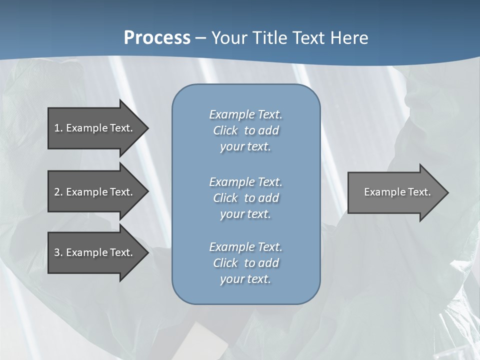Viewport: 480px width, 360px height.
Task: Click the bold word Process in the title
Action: tap(157, 38)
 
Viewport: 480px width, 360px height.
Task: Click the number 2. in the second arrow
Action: tap(58, 192)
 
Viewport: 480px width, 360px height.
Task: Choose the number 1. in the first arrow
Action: tap(58, 128)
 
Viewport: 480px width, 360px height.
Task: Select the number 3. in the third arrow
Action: tap(58, 252)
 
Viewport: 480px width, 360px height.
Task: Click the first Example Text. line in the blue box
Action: tap(245, 114)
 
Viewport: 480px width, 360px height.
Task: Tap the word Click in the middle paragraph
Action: tap(225, 198)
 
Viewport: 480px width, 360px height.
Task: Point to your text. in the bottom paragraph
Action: tap(245, 279)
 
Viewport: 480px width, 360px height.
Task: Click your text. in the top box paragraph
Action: tap(245, 146)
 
